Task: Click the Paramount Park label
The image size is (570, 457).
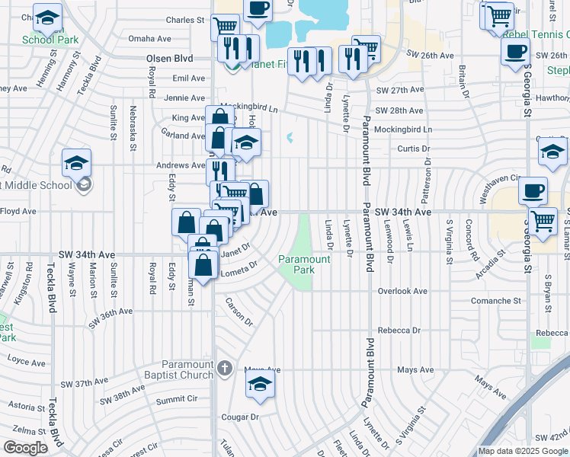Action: [x=304, y=264]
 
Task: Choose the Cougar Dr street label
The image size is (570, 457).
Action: [x=239, y=417]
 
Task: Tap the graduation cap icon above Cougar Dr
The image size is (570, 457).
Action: [x=260, y=385]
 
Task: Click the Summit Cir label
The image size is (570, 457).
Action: [x=177, y=398]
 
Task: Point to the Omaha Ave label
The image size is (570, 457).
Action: [x=150, y=38]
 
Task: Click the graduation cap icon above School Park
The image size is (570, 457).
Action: [x=47, y=17]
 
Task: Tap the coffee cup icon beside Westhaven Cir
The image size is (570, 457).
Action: [x=533, y=190]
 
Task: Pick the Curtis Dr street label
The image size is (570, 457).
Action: [x=415, y=149]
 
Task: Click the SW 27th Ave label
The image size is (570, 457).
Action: [x=399, y=90]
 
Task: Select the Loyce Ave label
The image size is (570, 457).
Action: [x=22, y=357]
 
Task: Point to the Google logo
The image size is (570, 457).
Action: [x=25, y=448]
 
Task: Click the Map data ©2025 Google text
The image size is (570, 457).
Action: [x=522, y=451]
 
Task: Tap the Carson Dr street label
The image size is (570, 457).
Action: [x=238, y=312]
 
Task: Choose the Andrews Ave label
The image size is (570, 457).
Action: [x=181, y=165]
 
